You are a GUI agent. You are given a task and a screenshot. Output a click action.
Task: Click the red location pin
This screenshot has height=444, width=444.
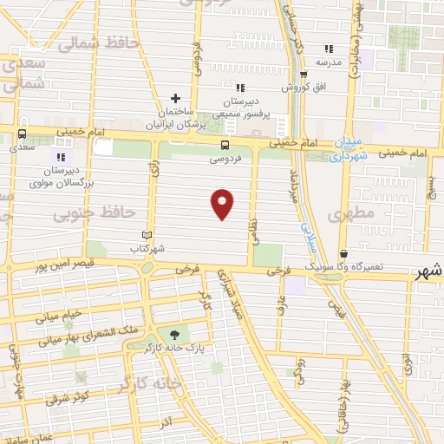tap(223, 204)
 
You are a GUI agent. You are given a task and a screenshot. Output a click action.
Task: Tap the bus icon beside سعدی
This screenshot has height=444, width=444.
tap(22, 134)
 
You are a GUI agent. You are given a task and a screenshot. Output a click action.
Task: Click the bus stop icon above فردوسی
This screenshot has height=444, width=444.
tap(225, 145)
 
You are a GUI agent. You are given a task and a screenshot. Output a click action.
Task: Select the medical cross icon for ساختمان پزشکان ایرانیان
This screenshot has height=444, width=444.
tap(175, 98)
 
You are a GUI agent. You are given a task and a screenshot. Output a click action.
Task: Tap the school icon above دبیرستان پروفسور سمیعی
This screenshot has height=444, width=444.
tap(241, 88)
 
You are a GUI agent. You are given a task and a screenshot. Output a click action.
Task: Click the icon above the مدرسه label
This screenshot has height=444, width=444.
tap(328, 49)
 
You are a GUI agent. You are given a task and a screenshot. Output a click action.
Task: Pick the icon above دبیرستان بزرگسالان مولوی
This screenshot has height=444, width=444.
tap(60, 157)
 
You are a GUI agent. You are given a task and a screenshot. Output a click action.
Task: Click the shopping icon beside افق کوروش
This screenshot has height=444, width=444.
tap(285, 88)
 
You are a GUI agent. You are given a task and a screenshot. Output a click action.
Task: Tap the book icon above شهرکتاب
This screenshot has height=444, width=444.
tap(147, 235)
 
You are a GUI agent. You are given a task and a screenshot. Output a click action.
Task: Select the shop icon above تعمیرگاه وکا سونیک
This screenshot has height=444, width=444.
tap(345, 253)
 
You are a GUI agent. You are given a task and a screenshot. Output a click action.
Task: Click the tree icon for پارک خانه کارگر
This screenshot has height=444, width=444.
tap(175, 333)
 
